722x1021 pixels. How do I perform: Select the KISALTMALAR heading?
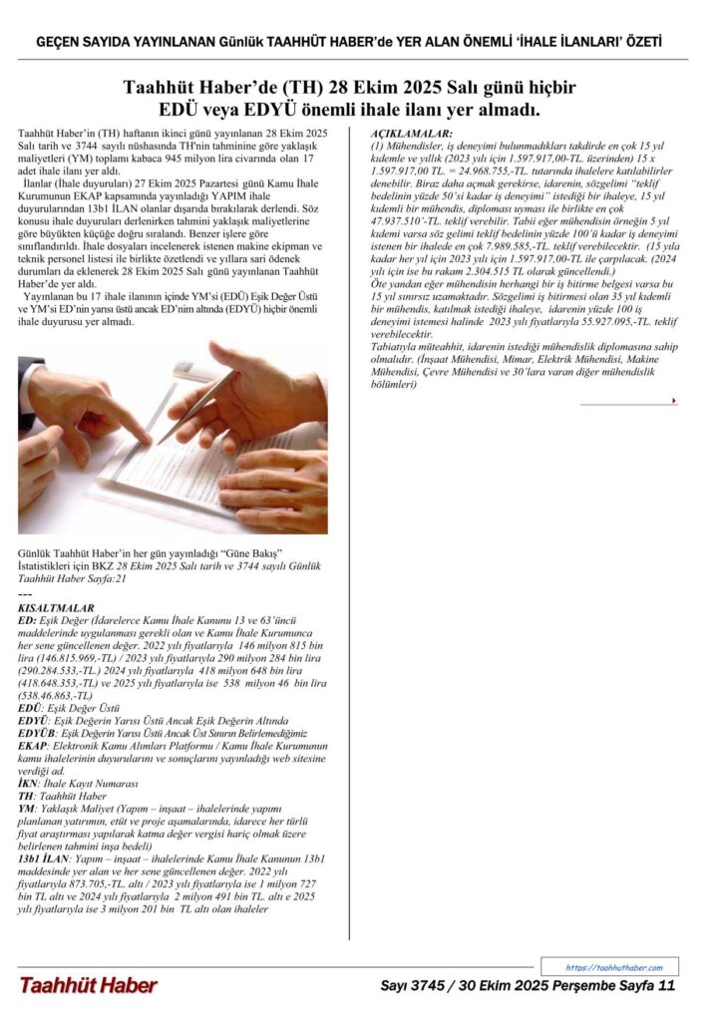[57, 607]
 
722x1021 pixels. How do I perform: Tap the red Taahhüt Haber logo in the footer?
[88, 986]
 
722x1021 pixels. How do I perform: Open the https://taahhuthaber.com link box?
[609, 967]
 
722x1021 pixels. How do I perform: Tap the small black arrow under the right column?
[675, 401]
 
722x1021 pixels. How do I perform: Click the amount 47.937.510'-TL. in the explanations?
[411, 224]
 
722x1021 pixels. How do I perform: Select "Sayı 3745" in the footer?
[414, 986]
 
